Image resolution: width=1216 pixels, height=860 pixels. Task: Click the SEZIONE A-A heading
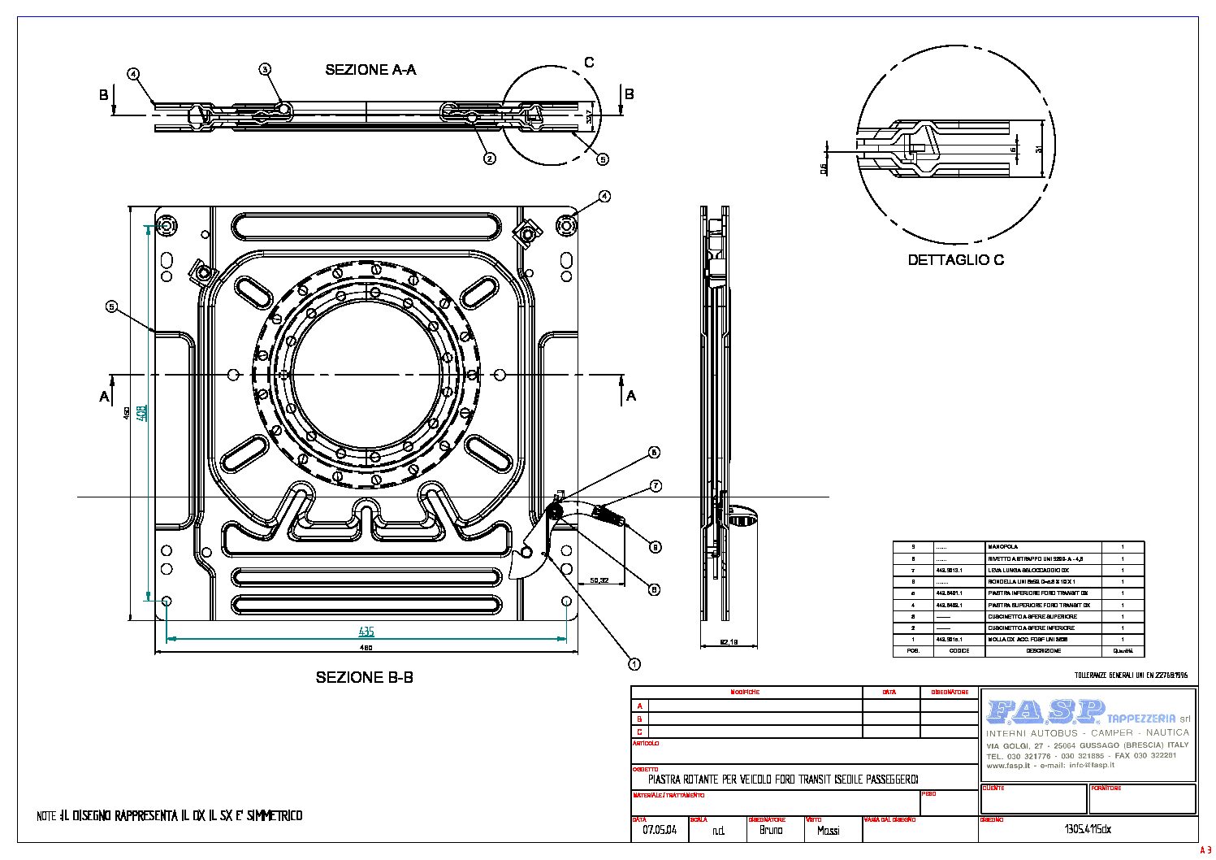(370, 70)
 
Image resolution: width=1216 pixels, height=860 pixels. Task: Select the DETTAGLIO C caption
(955, 260)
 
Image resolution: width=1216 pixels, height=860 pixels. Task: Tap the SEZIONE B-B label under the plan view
(364, 677)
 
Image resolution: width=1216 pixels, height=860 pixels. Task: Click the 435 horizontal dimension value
(366, 632)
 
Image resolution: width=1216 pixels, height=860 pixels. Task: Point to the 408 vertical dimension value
(141, 413)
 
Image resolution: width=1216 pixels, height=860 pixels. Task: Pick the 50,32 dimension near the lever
(599, 580)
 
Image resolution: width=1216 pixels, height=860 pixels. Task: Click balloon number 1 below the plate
(634, 664)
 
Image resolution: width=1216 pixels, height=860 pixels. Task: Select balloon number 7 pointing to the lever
(656, 486)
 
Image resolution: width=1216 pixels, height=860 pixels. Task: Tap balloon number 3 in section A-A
(265, 69)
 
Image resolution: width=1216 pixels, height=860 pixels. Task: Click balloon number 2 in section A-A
(489, 159)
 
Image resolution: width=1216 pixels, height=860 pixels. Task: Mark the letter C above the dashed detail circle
(589, 63)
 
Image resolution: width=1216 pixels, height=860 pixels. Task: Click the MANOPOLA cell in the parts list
(1002, 547)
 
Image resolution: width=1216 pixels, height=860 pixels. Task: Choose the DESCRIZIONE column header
(1042, 651)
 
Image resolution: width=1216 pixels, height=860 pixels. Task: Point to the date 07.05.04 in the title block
(659, 831)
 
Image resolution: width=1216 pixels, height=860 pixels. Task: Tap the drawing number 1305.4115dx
(1087, 831)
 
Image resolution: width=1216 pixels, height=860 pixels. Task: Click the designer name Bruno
(771, 831)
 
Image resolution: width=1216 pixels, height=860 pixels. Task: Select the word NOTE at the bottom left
(46, 815)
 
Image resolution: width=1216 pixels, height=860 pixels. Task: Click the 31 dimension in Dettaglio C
(1039, 148)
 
